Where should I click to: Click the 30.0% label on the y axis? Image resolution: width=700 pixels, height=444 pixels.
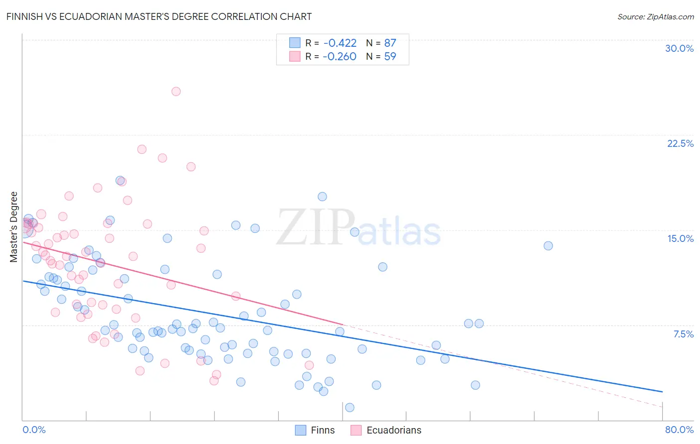679,48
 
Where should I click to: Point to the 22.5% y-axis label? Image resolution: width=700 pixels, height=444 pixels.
680,143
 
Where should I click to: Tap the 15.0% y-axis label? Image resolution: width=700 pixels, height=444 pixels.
680,238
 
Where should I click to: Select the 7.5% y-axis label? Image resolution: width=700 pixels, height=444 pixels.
683,334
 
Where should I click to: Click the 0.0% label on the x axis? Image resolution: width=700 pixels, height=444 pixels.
34,430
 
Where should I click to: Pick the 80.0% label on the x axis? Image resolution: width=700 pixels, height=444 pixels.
679,430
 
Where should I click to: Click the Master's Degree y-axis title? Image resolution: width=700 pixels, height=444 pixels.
13,227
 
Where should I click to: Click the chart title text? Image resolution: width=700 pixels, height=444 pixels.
159,16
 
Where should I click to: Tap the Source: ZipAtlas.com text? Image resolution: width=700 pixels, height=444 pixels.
655,16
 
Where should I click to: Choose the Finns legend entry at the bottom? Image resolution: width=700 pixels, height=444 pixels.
315,430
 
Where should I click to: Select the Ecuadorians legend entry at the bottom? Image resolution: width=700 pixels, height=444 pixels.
386,430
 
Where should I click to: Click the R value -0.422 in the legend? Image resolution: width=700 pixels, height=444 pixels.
340,43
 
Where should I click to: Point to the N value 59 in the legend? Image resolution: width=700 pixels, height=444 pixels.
390,57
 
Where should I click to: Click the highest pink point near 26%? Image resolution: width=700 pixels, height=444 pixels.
176,91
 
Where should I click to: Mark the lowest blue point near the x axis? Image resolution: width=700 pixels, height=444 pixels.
350,408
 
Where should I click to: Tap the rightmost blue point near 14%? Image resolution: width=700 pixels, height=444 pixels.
548,245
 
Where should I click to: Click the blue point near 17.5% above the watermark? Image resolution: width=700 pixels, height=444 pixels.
322,197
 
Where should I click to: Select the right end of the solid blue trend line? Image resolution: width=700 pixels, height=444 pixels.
663,392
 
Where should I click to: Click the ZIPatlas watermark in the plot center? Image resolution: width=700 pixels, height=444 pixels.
358,227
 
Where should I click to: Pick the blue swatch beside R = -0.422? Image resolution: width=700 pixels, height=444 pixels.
295,43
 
